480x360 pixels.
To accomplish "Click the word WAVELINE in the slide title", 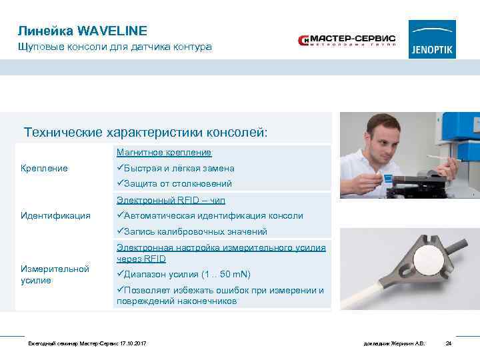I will pos(112,31).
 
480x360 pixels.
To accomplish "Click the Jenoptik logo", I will pos(432,39).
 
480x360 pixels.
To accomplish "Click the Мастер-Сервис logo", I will pos(347,41).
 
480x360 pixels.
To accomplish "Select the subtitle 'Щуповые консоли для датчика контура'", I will pos(115,47).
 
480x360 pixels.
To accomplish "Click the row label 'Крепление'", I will pos(44,168).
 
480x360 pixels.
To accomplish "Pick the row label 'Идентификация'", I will pos(55,215).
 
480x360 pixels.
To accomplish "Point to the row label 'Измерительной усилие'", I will pos(55,274).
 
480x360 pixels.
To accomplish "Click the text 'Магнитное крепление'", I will pos(164,153).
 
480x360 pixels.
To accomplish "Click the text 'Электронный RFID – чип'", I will pos(171,200).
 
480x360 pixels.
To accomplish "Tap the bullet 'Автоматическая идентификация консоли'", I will pos(209,215).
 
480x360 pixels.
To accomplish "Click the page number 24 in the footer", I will pos(449,343).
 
